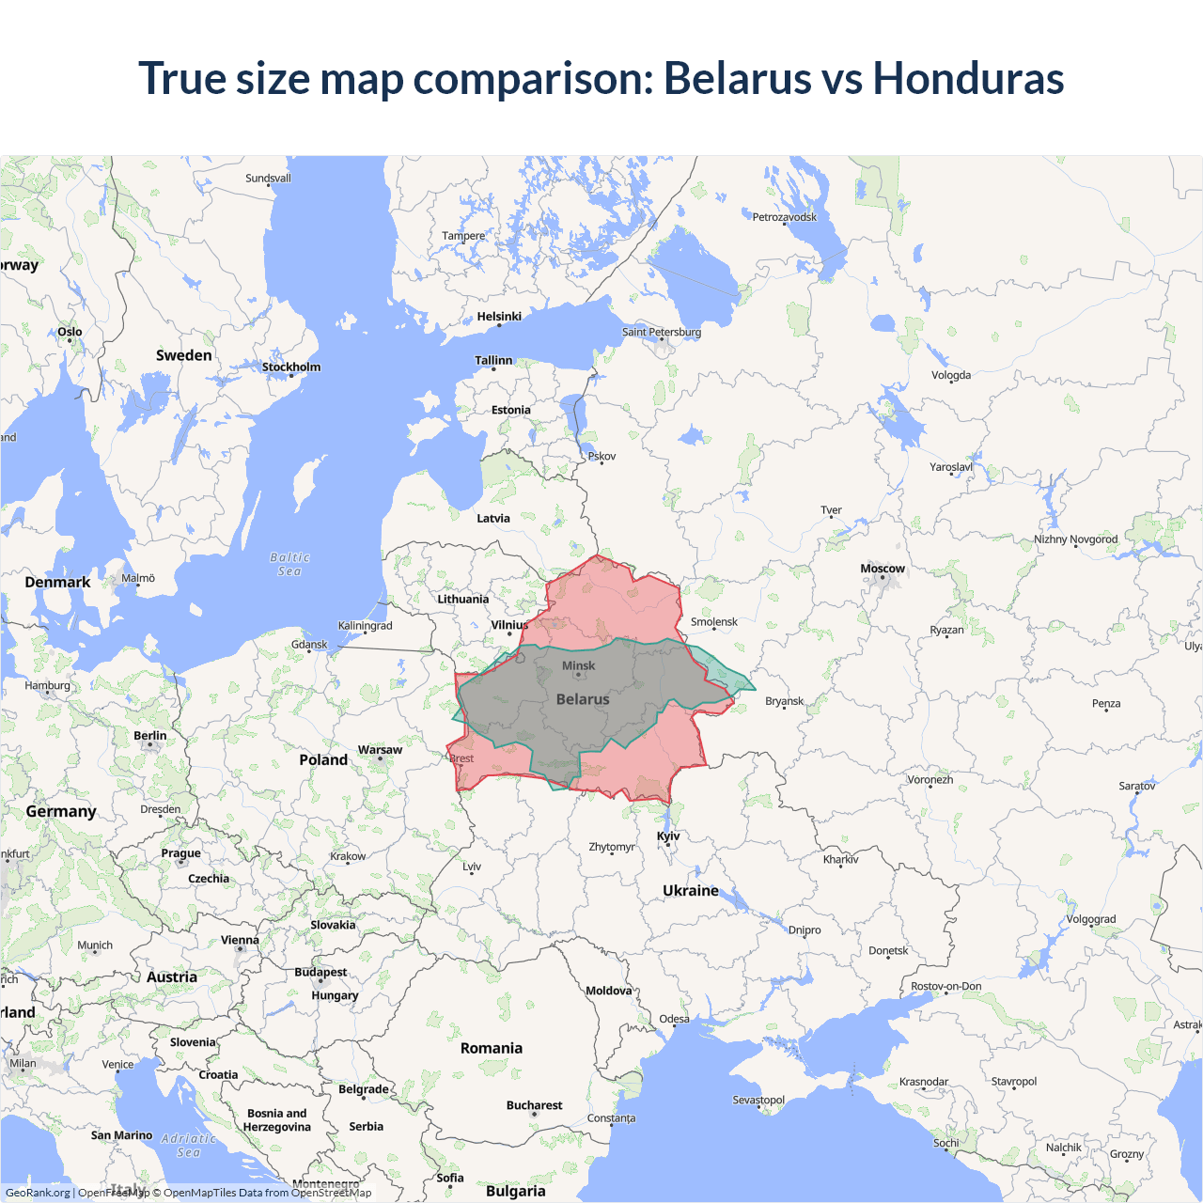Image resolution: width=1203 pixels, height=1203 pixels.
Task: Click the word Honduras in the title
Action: coord(968,78)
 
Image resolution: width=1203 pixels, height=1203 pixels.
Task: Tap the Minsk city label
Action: coord(578,665)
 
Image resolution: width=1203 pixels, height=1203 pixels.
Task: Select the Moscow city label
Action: coord(882,569)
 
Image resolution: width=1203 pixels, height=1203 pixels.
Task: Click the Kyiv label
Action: coord(668,836)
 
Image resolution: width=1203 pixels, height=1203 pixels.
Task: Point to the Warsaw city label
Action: coord(380,750)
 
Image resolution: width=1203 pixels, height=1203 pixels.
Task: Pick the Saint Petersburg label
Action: coord(662,332)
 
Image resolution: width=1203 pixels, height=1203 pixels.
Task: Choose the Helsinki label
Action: coord(499,317)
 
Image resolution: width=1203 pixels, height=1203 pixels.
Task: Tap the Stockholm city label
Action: coord(291,367)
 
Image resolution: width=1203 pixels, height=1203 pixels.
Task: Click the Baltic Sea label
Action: coord(289,564)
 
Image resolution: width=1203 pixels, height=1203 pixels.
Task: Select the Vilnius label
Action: coord(509,625)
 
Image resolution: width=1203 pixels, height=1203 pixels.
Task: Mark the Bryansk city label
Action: coord(785,701)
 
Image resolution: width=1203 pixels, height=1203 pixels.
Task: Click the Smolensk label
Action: coord(714,622)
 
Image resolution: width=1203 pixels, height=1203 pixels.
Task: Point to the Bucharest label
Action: coord(534,1105)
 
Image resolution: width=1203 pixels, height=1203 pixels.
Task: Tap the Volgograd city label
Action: coord(1091,919)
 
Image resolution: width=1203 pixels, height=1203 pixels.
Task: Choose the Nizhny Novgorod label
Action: coord(1076,539)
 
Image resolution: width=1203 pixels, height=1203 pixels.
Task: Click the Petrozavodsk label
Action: coord(785,217)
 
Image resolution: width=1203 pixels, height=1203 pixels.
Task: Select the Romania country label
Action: coord(492,1048)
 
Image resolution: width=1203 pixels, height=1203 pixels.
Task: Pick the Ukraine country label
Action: coord(691,890)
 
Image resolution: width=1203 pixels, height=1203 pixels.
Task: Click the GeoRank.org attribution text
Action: coord(38,1193)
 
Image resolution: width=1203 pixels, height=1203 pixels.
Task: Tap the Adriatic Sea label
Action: coord(188,1145)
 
